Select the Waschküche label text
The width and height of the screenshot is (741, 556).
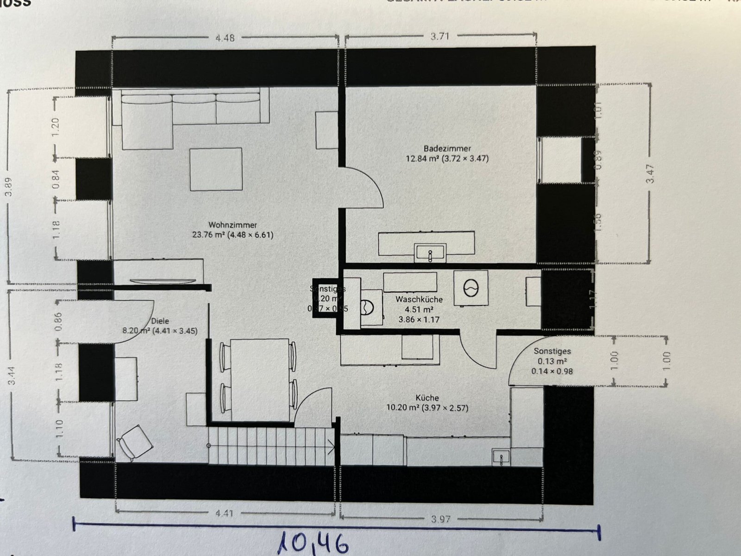(x=419, y=300)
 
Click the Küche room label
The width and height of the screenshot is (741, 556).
(x=427, y=398)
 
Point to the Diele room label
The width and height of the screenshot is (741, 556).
(x=160, y=321)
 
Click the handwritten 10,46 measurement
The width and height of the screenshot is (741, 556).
(x=313, y=543)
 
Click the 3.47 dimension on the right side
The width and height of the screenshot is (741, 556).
(x=650, y=174)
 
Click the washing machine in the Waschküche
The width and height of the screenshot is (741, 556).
(x=471, y=288)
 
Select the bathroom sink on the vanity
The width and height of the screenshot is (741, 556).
(x=430, y=253)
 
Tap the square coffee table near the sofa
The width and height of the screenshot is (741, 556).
(x=216, y=169)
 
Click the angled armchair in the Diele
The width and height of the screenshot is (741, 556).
(x=136, y=442)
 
